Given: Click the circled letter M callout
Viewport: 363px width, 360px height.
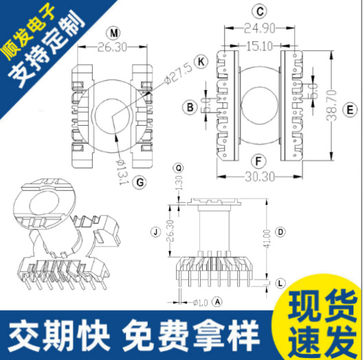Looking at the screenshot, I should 114,33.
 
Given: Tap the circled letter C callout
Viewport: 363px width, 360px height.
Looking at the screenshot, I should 259,12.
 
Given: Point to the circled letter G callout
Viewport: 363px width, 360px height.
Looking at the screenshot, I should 139,182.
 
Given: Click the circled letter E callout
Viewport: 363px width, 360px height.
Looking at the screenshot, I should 349,109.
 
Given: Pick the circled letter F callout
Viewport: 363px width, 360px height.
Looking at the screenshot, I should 259,162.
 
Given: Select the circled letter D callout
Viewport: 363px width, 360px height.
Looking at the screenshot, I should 280,232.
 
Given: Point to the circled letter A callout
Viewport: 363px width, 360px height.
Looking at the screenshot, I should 217,301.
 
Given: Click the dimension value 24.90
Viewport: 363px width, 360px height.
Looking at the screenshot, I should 259,27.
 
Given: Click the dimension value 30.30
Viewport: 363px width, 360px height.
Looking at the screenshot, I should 259,177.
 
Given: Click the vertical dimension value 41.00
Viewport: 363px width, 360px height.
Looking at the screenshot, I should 266,240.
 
